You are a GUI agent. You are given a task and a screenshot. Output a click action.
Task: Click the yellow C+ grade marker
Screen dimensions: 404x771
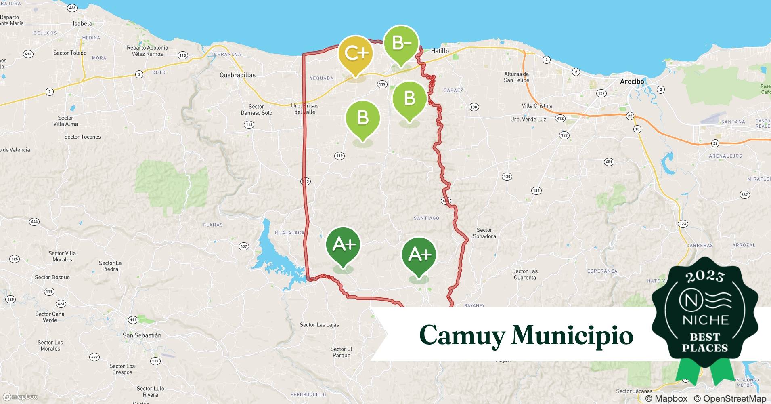click(355, 54)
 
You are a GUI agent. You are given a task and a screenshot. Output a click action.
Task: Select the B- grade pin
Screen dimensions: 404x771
click(401, 43)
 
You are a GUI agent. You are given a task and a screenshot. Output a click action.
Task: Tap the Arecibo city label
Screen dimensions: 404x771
click(632, 82)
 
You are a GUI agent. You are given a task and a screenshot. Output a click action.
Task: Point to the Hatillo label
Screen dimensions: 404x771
click(440, 51)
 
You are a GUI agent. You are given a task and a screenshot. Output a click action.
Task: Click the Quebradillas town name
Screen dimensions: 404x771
click(237, 75)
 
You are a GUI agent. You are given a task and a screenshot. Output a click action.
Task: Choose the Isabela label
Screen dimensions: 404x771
click(82, 24)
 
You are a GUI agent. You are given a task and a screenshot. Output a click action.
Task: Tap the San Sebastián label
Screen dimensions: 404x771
click(142, 335)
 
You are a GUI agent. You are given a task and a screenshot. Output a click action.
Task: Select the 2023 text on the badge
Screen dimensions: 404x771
click(705, 277)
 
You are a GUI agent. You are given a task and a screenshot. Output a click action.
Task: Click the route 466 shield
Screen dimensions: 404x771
click(72, 8)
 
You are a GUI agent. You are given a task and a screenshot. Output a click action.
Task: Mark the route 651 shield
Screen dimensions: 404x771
click(609, 162)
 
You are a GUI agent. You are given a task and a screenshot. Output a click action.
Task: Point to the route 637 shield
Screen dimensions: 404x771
click(744, 195)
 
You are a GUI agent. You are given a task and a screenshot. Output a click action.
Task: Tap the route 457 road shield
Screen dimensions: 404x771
click(243, 246)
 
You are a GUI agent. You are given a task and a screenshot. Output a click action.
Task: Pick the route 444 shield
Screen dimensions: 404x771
click(34, 222)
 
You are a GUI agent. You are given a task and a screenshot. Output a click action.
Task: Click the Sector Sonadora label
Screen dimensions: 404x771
click(484, 233)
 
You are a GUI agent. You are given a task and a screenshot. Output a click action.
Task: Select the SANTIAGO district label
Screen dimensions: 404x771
click(426, 218)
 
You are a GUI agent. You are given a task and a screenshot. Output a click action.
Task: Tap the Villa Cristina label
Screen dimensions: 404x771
click(537, 106)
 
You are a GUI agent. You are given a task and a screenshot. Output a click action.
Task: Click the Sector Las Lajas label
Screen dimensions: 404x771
click(319, 325)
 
